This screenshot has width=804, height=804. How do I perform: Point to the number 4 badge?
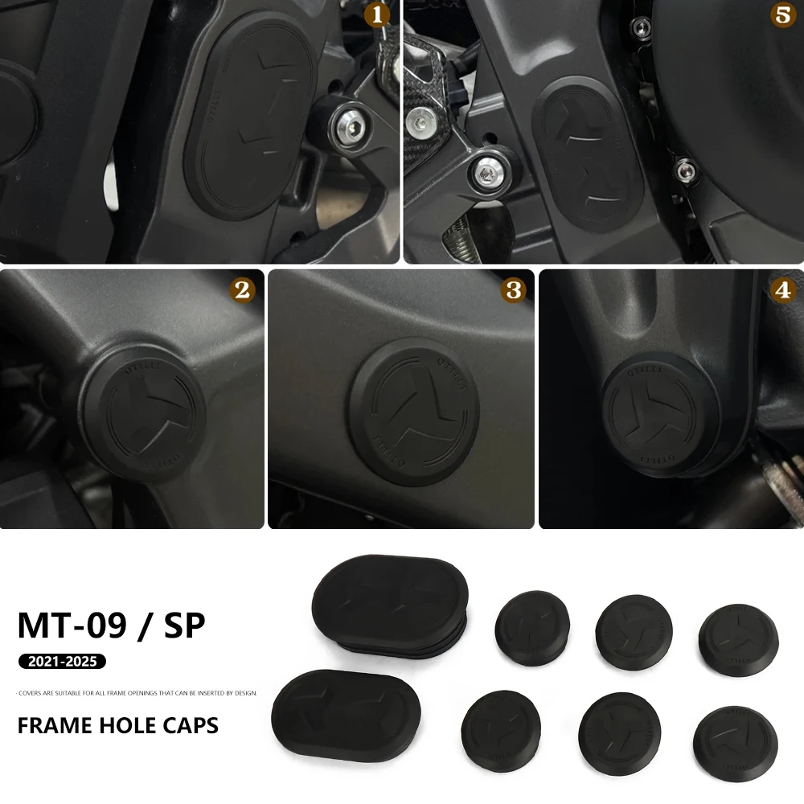(782, 291)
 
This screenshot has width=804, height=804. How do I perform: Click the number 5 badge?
(782, 15)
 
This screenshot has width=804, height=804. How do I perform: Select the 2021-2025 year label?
(62, 662)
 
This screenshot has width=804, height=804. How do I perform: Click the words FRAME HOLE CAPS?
(117, 724)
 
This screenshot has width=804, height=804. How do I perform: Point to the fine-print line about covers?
(137, 692)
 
